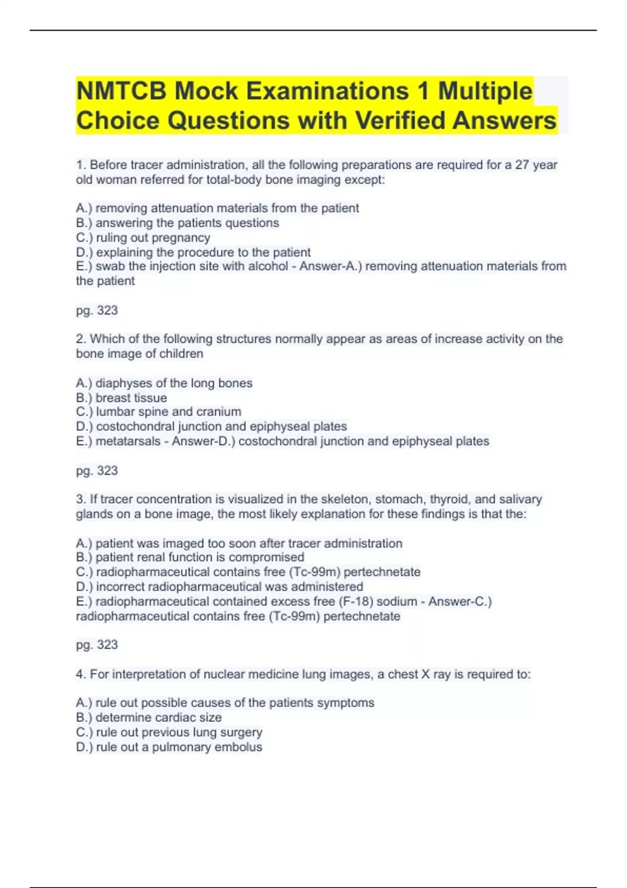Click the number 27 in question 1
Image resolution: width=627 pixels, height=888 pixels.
click(522, 165)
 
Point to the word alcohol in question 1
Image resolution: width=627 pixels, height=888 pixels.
click(269, 266)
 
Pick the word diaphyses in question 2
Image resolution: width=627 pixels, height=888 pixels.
click(123, 383)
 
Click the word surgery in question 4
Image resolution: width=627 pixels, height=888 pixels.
click(241, 732)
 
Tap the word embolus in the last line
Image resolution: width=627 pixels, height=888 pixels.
click(240, 747)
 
